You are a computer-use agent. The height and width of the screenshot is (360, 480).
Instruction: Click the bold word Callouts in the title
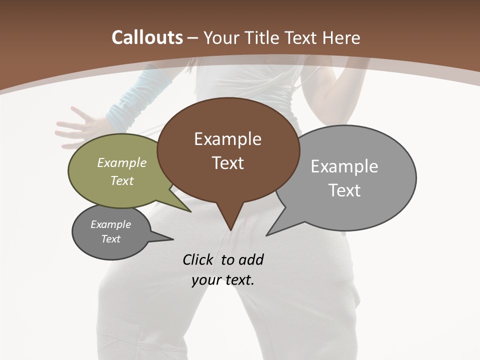pos(147,37)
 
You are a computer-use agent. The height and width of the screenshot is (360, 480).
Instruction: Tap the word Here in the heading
pos(341,37)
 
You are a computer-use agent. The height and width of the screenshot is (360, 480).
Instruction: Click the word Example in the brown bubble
pos(227,139)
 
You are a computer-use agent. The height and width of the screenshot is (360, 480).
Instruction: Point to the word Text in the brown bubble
pos(227,163)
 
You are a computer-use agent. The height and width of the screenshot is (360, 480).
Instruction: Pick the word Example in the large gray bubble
pos(344,166)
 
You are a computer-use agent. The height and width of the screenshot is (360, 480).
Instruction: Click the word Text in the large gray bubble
pos(344,190)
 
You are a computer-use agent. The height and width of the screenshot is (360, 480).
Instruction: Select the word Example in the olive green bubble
pos(122,163)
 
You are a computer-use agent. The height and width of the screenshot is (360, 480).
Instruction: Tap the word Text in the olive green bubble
pos(122,180)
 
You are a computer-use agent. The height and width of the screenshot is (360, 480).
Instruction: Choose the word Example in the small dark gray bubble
pos(111,224)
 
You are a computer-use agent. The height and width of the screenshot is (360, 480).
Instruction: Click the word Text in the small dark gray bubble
pos(111,239)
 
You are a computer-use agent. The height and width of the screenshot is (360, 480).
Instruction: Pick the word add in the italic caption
pos(251,259)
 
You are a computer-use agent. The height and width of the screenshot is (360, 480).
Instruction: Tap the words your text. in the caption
pos(223,280)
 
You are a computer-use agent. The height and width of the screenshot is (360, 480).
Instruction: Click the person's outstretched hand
pos(75,125)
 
